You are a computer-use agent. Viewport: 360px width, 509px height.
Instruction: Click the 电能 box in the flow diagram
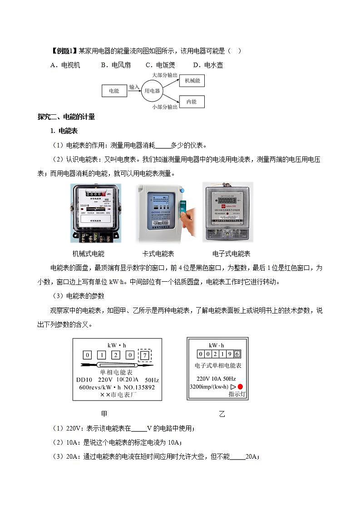(x=114, y=91)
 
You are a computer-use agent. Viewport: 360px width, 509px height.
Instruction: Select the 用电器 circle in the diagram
(x=152, y=91)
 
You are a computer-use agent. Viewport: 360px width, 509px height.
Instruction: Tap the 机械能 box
(x=192, y=80)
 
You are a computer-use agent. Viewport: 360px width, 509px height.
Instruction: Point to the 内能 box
(x=192, y=102)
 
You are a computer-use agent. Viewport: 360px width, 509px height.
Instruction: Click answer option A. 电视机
(x=65, y=65)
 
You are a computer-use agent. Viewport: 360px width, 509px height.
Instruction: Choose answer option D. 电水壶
(x=208, y=65)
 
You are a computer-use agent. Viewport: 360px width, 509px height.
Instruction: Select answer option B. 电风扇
(x=116, y=65)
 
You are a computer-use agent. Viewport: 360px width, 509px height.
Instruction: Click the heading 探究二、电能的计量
(x=66, y=117)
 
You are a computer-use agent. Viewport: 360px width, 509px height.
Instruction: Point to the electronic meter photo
(x=227, y=212)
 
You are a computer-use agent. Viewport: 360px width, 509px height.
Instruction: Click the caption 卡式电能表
(x=158, y=254)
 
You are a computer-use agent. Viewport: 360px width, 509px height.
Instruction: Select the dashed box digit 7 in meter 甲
(x=144, y=355)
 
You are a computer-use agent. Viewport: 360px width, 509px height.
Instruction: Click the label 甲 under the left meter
(x=104, y=414)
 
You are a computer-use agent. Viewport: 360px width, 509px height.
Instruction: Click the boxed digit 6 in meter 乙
(x=237, y=354)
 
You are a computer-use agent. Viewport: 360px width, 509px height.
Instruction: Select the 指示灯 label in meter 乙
(x=237, y=395)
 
